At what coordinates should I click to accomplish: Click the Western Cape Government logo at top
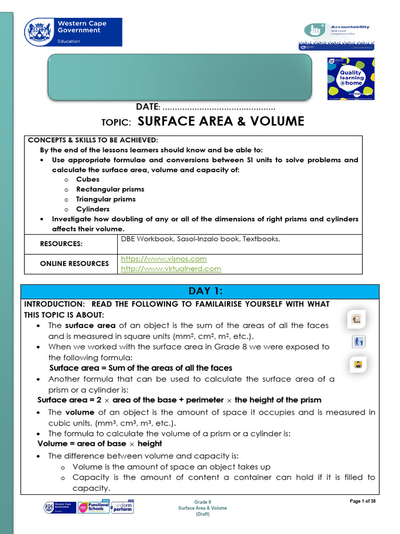point(73,32)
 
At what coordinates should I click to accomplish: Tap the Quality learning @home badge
point(351,78)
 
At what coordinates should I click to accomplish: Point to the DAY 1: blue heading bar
point(199,291)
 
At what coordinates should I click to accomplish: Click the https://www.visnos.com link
point(164,259)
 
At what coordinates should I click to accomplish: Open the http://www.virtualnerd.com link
point(171,269)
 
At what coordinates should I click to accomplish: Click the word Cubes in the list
point(87,179)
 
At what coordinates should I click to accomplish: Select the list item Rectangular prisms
point(110,189)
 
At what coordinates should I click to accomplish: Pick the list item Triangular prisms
point(106,199)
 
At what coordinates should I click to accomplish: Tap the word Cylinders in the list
point(93,209)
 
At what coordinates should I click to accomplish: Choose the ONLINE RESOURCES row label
point(74,264)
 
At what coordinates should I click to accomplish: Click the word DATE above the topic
point(147,107)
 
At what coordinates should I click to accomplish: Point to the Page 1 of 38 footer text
point(362,502)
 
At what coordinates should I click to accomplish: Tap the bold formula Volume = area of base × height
point(99,444)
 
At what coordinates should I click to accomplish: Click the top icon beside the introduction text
point(357,319)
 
